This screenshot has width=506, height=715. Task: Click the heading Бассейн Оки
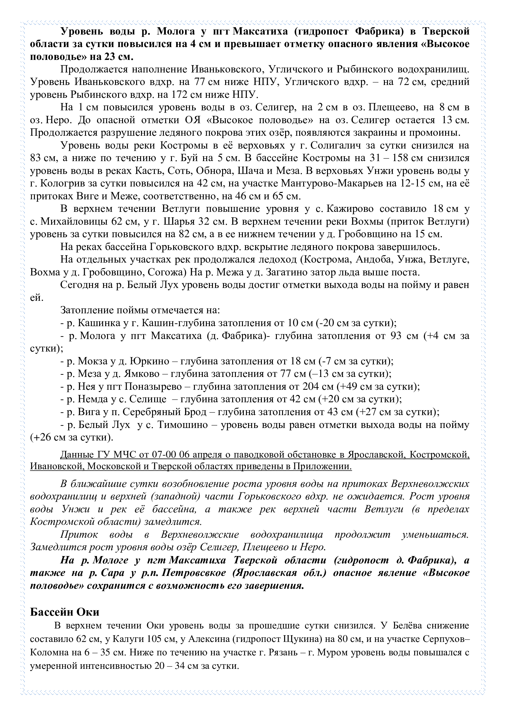pos(65,612)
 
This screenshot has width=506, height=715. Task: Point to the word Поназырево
pos(153,386)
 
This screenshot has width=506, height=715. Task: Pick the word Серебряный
pos(165,412)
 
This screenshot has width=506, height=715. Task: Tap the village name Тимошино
pos(183,425)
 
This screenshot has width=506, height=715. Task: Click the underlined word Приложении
pos(321,466)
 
